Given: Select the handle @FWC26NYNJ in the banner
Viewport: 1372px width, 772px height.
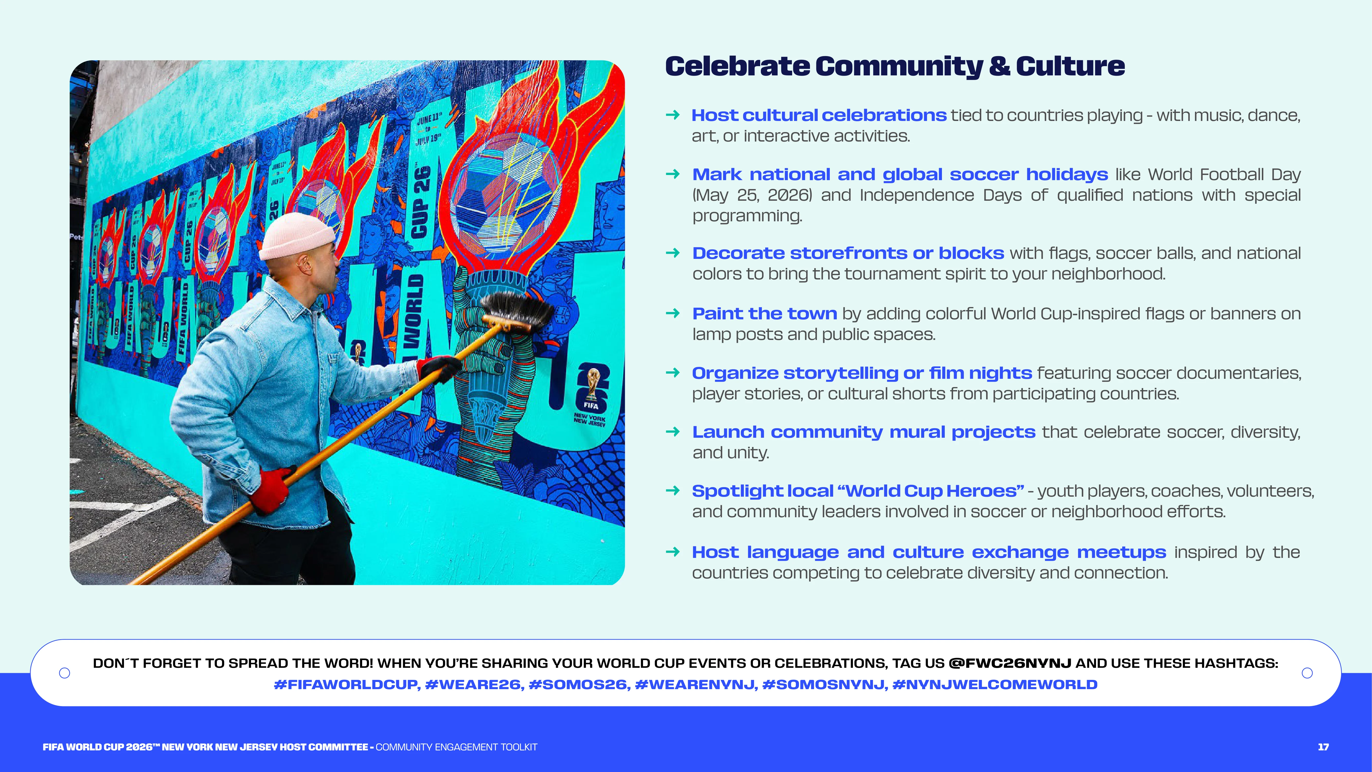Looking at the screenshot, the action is click(x=1010, y=663).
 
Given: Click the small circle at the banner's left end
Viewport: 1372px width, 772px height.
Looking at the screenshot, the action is click(x=65, y=673).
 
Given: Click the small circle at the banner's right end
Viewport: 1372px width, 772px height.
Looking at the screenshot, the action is click(x=1307, y=673).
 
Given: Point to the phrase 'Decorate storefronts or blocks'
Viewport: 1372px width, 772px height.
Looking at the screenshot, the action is click(x=848, y=253).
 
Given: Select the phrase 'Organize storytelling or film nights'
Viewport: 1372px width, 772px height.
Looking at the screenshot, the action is click(x=862, y=373).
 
